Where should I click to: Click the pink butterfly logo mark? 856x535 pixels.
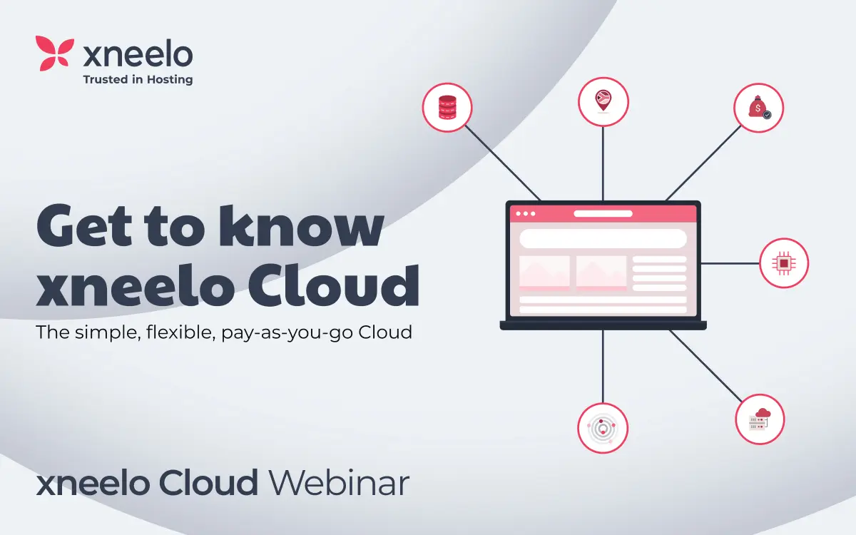point(55,53)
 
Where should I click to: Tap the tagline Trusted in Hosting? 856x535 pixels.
point(138,79)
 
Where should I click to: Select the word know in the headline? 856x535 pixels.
point(301,225)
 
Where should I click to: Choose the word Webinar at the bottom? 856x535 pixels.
point(339,483)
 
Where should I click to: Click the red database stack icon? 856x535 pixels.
point(447,107)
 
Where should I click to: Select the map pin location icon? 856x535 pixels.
point(603,101)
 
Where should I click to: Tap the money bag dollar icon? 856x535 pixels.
point(759,108)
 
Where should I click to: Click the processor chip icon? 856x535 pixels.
point(784,263)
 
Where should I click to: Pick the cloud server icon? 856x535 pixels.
point(760,419)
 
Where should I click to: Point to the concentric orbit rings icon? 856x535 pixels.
point(603,429)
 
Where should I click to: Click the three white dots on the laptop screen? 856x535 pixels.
point(526,213)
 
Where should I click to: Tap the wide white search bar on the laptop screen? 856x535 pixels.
point(603,238)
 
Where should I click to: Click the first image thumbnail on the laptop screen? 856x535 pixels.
point(544,272)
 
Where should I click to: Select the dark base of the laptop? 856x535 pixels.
point(603,325)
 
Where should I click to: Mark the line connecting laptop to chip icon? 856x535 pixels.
point(730,263)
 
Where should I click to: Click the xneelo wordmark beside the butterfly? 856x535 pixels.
point(138,55)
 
